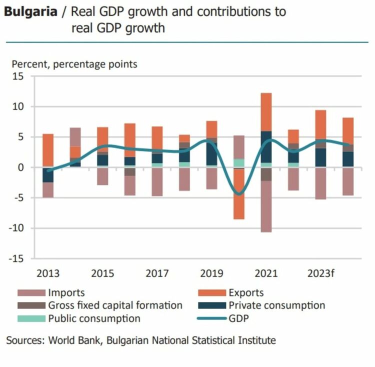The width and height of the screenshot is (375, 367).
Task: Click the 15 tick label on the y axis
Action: [18, 76]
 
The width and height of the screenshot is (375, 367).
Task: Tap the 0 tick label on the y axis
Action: [21, 167]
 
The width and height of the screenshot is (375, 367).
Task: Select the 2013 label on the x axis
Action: [48, 273]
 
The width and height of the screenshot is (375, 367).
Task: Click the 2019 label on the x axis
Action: [211, 273]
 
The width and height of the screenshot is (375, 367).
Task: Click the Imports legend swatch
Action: [31, 293]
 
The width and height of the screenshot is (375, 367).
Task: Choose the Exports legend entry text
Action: [246, 293]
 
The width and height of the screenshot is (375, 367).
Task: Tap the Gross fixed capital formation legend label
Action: [115, 305]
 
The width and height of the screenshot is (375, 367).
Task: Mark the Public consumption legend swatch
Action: [31, 318]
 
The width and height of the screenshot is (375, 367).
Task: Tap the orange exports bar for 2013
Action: [48, 150]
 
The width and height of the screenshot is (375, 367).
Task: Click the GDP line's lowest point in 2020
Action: [239, 194]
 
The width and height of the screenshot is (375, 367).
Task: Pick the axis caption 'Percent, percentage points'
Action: [74, 64]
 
